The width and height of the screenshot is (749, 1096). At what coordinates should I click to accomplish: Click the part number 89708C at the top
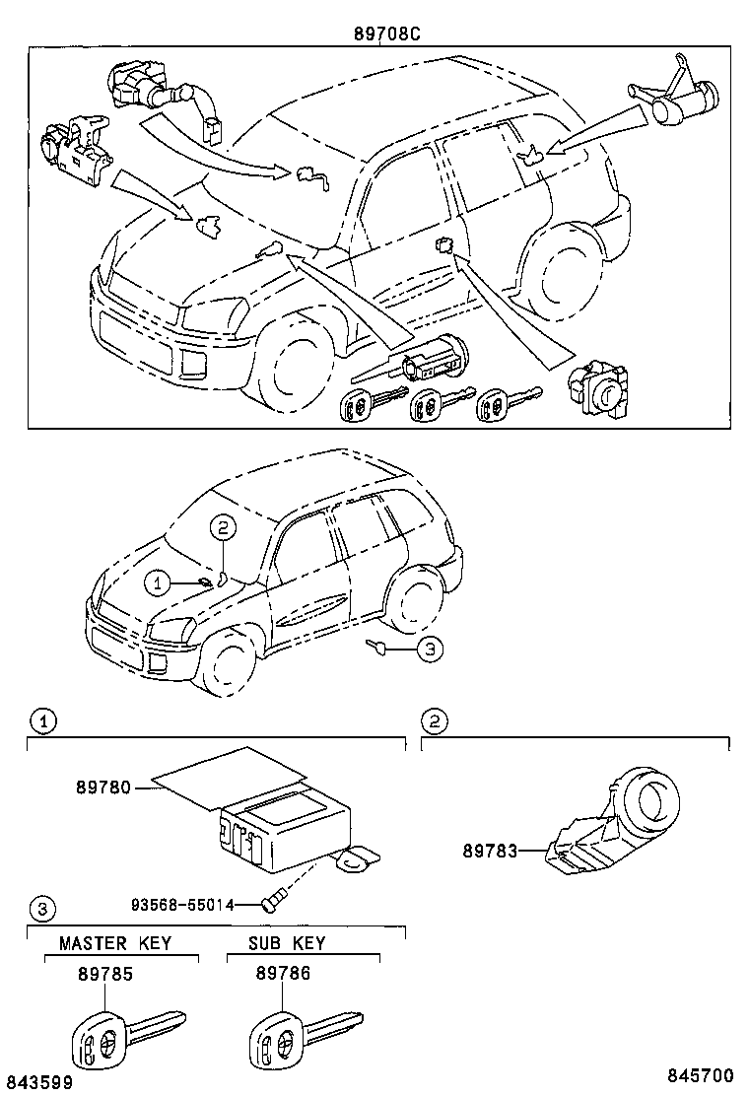[387, 33]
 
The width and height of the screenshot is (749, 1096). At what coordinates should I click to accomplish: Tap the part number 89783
[490, 849]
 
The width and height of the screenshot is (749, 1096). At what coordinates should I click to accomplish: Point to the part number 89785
[104, 973]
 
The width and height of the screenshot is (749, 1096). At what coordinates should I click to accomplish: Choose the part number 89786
[283, 973]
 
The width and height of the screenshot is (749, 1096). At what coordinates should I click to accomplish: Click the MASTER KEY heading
[115, 943]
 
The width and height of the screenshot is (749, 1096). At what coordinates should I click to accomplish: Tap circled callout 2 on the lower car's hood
[224, 529]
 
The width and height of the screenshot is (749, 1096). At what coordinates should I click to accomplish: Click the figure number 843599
[37, 1082]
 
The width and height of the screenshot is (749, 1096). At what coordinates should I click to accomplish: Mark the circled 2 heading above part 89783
[434, 720]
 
